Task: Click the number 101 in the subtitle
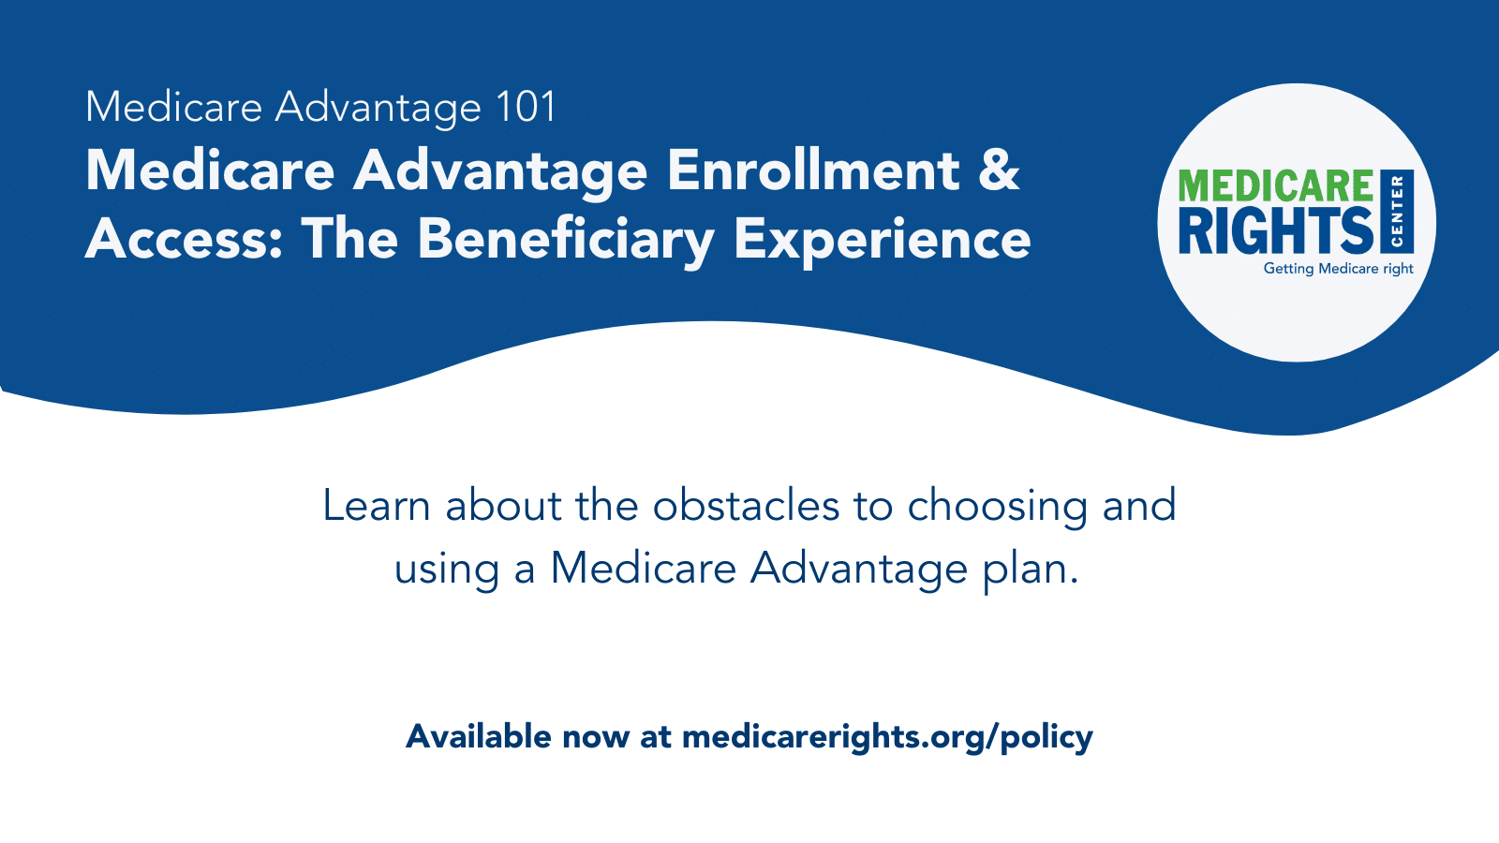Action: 527,107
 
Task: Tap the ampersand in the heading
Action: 999,170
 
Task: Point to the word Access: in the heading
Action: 184,239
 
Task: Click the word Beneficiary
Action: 566,239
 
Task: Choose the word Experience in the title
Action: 882,239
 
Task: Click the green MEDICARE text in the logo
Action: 1275,186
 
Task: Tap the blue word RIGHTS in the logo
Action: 1275,230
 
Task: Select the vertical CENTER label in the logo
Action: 1397,212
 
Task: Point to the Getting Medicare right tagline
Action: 1338,269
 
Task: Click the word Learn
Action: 376,506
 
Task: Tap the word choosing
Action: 997,506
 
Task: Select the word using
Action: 446,569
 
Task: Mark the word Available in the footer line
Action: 478,736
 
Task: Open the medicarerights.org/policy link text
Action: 887,736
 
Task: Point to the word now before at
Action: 595,736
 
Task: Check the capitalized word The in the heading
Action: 349,239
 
